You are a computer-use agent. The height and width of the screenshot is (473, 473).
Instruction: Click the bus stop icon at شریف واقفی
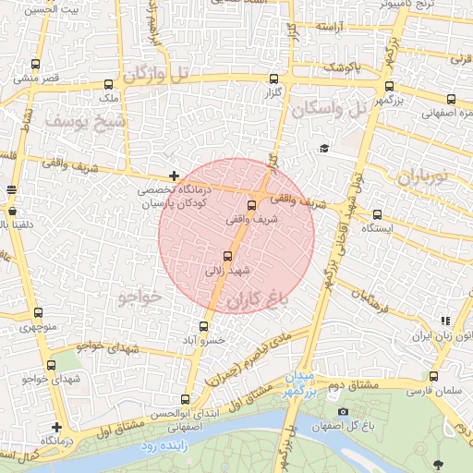point(252,206)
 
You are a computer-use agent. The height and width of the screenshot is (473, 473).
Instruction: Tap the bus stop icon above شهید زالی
point(228,256)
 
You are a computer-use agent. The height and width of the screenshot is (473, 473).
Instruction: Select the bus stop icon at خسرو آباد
point(204,326)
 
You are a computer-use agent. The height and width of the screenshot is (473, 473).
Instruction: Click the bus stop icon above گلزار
point(273,79)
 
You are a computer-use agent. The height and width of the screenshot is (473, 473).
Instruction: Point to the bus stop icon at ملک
point(103,80)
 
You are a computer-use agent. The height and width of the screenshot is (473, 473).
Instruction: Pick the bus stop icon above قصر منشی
point(36,65)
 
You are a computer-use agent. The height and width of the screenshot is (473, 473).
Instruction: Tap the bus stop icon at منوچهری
point(38,313)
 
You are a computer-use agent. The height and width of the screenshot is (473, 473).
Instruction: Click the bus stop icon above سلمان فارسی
point(433,376)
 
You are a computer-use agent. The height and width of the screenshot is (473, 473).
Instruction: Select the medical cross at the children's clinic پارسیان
point(174,176)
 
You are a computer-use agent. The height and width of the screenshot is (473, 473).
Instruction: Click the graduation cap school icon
point(324,148)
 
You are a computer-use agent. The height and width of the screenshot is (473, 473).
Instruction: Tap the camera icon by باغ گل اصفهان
point(343,411)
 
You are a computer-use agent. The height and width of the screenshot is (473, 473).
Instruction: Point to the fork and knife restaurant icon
point(446,321)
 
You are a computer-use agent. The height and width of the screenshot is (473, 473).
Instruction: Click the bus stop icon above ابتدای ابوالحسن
point(186,399)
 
